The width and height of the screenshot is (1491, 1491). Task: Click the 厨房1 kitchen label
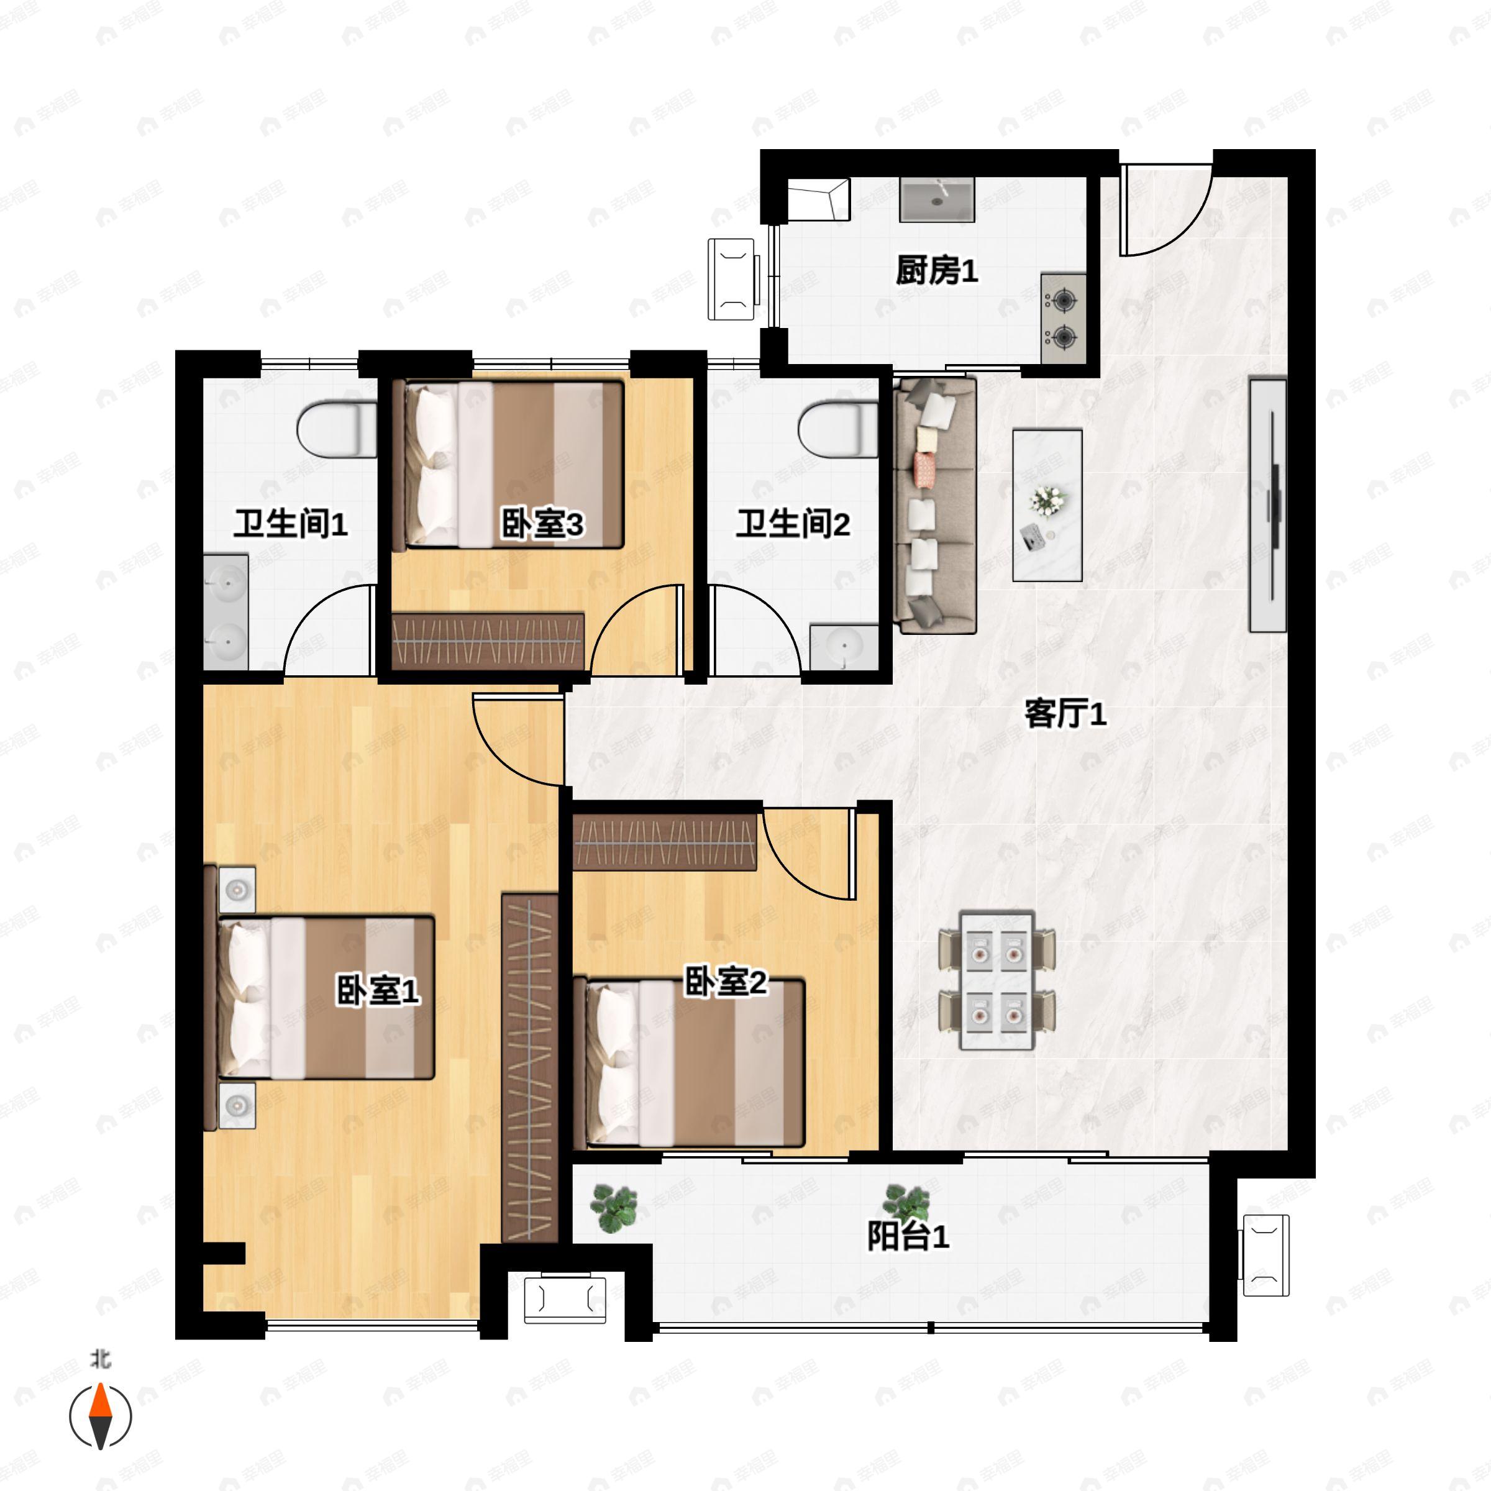tap(936, 271)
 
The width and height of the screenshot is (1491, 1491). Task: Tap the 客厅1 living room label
tap(1065, 714)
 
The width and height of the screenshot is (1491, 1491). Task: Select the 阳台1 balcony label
tap(908, 1236)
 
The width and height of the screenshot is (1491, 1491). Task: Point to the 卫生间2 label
tap(793, 524)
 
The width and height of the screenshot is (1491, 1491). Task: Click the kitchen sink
tap(937, 199)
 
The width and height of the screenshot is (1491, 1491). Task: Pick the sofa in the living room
tap(934, 506)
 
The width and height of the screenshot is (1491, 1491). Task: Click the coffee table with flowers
tap(1047, 506)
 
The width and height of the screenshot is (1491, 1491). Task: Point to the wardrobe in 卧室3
tap(488, 641)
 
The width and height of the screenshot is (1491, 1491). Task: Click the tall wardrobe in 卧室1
tap(530, 1068)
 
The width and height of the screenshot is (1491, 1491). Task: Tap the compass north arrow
tap(100, 1416)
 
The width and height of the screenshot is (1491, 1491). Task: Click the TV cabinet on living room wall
tap(1268, 506)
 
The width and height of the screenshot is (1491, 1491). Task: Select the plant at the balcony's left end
tap(614, 1208)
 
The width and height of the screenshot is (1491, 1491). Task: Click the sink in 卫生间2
tap(844, 647)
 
